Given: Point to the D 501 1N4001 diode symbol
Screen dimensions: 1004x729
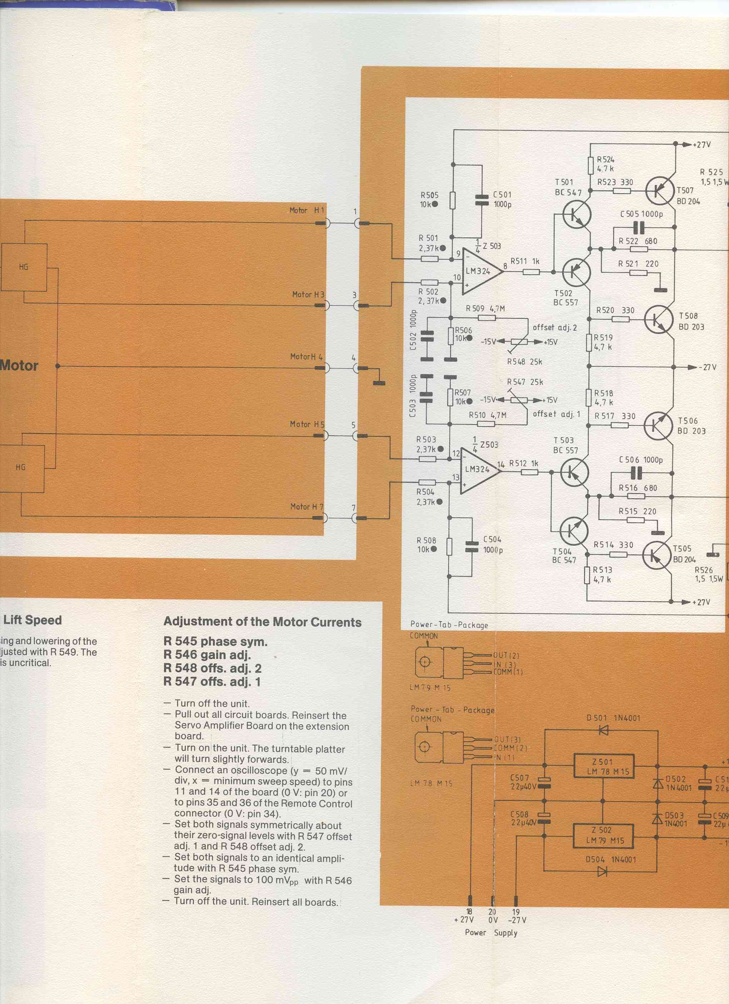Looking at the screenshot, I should pyautogui.click(x=603, y=731).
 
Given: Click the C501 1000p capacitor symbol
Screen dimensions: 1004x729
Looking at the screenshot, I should pyautogui.click(x=481, y=200).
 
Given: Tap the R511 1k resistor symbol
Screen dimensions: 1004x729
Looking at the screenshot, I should pyautogui.click(x=531, y=271).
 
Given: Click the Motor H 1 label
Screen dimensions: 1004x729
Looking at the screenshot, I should pyautogui.click(x=307, y=211).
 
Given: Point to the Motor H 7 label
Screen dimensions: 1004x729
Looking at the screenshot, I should pyautogui.click(x=307, y=506).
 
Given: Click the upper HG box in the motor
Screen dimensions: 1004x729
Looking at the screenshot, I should pyautogui.click(x=24, y=267).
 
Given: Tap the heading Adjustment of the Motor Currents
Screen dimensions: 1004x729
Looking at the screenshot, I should pyautogui.click(x=262, y=622).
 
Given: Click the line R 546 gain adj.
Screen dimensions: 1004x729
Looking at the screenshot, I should pyautogui.click(x=207, y=655).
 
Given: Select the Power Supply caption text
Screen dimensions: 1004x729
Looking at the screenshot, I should pyautogui.click(x=491, y=932).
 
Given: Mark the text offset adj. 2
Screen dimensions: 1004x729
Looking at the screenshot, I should pyautogui.click(x=555, y=328).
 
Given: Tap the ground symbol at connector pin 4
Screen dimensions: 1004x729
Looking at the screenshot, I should pyautogui.click(x=379, y=383).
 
